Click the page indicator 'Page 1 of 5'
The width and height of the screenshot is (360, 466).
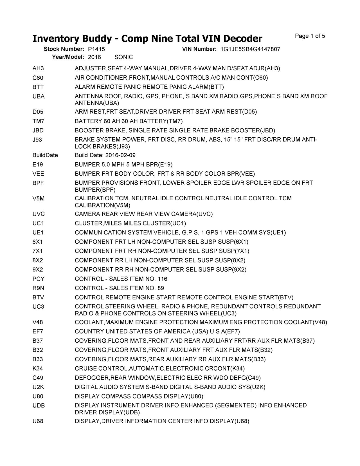point(310,36)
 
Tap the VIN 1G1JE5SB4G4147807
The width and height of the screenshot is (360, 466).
point(250,49)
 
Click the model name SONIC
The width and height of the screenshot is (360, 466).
point(124,57)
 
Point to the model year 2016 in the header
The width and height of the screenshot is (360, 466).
point(94,57)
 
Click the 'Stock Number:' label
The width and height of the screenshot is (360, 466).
point(64,49)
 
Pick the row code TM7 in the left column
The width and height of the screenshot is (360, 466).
point(39,121)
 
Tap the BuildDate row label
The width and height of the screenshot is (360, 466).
point(45,155)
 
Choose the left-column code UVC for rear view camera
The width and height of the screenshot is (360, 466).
point(39,214)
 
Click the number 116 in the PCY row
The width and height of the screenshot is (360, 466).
point(163,279)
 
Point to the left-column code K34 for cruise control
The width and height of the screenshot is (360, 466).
point(38,369)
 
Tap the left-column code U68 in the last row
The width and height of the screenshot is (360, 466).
point(38,421)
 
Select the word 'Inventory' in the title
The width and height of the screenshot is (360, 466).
point(55,39)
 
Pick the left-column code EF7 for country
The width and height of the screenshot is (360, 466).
point(38,331)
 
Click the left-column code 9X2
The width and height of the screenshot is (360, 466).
point(38,270)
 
